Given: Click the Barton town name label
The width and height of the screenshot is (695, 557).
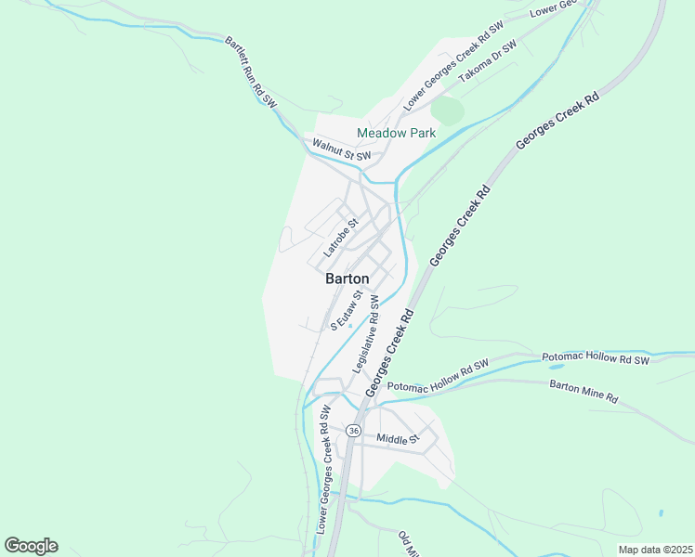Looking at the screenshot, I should [347, 278].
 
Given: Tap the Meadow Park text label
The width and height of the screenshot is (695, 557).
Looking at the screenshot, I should [397, 133].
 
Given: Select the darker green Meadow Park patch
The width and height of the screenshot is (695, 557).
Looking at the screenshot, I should [448, 110].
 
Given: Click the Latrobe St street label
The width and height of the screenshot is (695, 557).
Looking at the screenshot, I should [340, 239].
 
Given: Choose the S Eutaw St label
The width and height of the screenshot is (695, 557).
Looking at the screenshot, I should [345, 310].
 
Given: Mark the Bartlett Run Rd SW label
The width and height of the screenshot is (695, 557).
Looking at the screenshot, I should [251, 71].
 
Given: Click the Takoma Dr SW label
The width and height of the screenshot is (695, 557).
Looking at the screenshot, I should [488, 60].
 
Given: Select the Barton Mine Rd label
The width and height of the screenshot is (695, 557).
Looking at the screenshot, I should [584, 391].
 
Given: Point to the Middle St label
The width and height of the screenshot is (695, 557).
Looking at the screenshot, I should [399, 437].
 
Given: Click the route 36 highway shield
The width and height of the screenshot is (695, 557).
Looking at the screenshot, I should [353, 431].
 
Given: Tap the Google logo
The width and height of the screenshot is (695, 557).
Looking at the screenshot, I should [31, 546].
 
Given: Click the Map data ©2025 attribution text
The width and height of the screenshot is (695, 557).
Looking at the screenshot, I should [655, 550].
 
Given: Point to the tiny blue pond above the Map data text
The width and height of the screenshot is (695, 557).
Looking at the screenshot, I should [661, 513].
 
